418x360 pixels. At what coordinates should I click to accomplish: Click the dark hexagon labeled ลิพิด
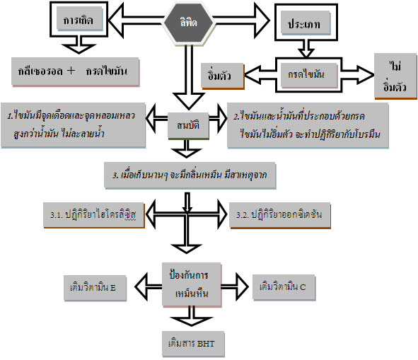188,22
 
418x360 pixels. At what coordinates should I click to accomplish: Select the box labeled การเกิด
79,18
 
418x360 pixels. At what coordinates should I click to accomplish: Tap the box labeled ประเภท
306,23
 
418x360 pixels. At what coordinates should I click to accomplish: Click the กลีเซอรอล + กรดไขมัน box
76,71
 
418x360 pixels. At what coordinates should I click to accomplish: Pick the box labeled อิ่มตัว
223,76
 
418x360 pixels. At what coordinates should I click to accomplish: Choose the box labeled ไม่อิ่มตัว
395,76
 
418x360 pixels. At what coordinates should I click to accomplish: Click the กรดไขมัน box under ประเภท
309,75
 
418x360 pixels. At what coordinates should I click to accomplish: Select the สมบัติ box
188,126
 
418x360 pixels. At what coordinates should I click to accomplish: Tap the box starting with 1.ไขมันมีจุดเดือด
73,124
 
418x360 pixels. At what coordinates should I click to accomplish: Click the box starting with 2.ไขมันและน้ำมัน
308,125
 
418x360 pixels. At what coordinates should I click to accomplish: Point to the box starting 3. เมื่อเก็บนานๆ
190,175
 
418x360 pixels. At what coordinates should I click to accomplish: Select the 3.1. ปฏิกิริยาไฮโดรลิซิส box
94,215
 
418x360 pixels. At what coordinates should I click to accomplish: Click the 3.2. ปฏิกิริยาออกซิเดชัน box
280,215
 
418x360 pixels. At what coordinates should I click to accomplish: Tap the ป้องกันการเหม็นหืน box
192,284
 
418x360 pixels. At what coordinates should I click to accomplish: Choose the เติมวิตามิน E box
95,288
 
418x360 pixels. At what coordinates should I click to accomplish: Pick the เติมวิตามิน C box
284,287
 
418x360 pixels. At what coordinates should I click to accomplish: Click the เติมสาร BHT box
193,344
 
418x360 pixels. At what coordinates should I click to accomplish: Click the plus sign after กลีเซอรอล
71,71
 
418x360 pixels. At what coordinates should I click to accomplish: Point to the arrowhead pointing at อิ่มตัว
252,75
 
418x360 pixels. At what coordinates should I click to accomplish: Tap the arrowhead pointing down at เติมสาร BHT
191,321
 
